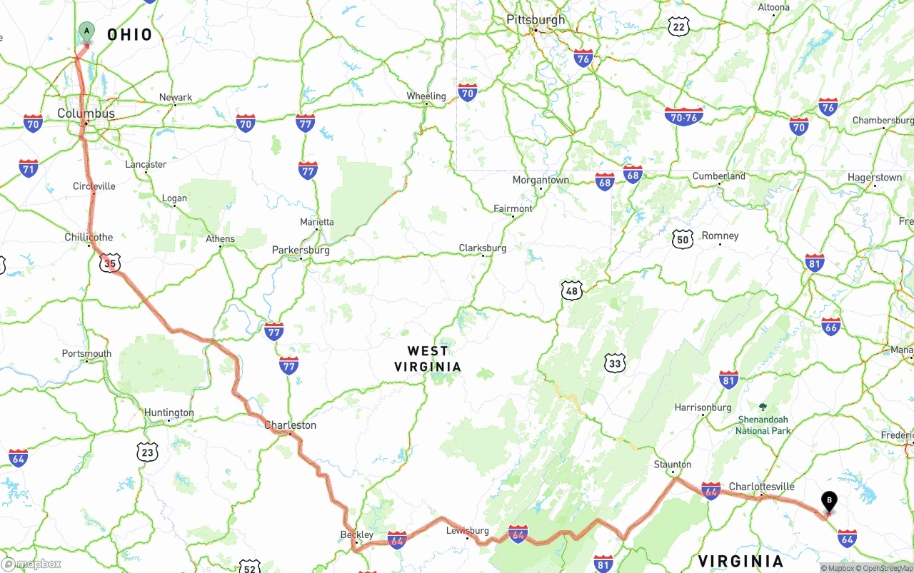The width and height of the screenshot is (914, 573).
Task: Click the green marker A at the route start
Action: point(86,31)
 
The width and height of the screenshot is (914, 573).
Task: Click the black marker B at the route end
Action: point(829,502)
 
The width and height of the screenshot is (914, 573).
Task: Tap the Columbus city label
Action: point(86,113)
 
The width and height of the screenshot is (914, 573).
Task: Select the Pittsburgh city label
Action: point(536,20)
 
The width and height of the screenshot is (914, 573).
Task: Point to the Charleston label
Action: point(290,425)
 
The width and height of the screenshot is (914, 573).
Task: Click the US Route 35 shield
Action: point(109,263)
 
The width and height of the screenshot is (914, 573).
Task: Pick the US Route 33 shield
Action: point(615,363)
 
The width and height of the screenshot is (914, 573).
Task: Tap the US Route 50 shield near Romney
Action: point(683,238)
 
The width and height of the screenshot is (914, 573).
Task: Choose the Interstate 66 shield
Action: point(830,327)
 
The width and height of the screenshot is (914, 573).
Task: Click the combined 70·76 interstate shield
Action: point(683,116)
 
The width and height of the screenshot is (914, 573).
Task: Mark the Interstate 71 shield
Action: point(29,169)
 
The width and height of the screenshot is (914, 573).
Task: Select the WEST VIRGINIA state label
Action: point(428,359)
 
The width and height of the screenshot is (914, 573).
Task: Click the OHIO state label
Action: point(130,34)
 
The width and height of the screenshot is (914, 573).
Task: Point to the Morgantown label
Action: point(541,181)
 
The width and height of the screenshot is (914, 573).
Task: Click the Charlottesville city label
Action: point(761,487)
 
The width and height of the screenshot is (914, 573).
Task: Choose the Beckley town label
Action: point(356,534)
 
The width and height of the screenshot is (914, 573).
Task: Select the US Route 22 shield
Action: point(678,27)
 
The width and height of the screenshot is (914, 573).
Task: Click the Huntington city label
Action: point(169,412)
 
